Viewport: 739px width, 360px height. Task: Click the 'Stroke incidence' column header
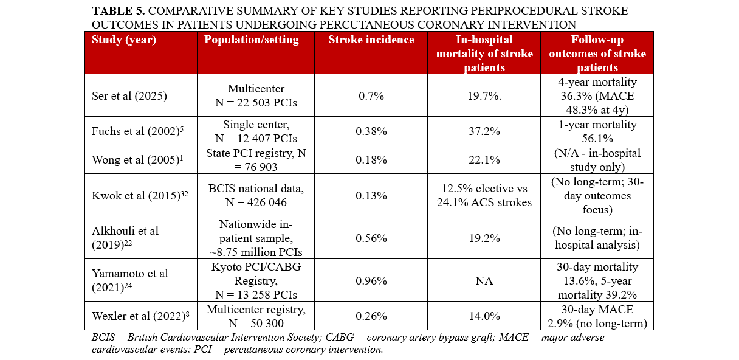pyautogui.click(x=371, y=40)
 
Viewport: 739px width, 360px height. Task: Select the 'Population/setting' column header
pyautogui.click(x=252, y=40)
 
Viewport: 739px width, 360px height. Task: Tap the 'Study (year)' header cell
pyautogui.click(x=124, y=40)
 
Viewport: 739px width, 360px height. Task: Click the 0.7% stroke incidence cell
pyautogui.click(x=372, y=96)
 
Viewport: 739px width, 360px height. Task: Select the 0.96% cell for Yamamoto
pyautogui.click(x=372, y=281)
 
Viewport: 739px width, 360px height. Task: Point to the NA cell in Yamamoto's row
pyautogui.click(x=484, y=281)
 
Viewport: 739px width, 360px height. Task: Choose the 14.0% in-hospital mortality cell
pyautogui.click(x=484, y=316)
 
